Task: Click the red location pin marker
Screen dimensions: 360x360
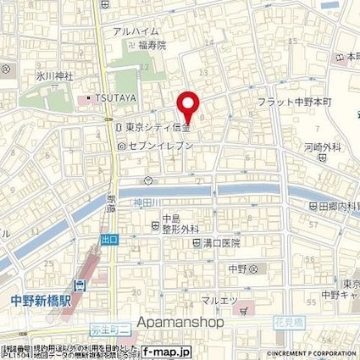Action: click(x=188, y=106)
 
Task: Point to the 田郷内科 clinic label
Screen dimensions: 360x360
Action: click(x=336, y=206)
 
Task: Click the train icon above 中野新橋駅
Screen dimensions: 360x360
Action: click(x=79, y=285)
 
